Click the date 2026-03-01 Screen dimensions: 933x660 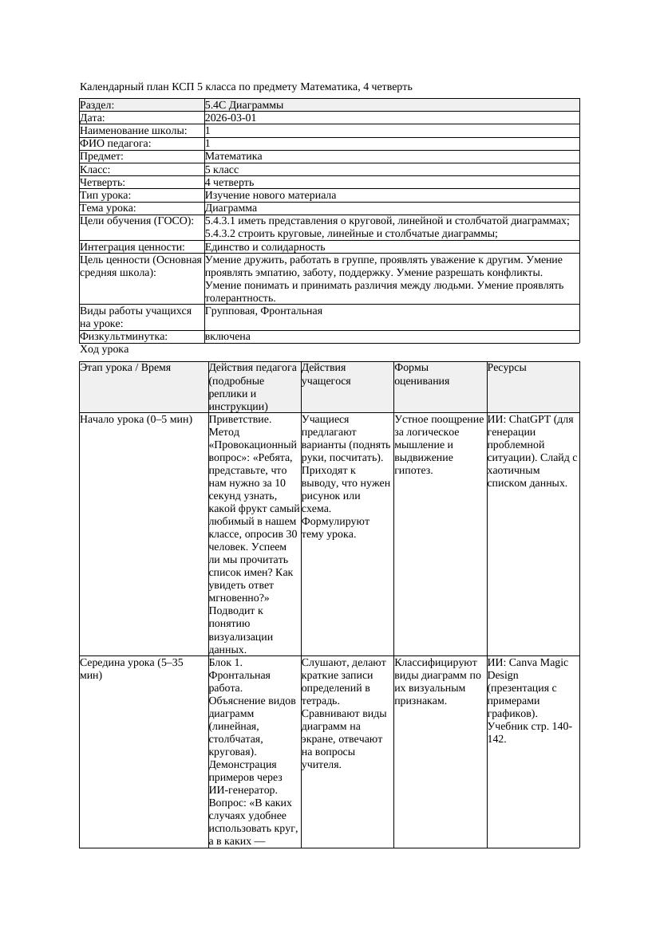coord(231,117)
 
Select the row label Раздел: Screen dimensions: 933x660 coord(97,104)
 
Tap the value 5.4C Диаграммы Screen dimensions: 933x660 coord(243,104)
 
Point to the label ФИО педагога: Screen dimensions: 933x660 coord(116,144)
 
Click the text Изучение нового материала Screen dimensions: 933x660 coord(270,195)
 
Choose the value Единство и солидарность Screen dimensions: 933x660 coord(264,247)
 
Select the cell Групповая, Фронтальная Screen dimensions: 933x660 coord(263,311)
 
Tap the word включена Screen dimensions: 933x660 coord(227,337)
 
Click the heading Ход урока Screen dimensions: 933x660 coord(104,349)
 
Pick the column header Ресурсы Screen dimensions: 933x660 coord(507,368)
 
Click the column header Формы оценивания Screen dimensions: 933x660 coord(422,374)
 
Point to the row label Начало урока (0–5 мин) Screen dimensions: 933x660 coord(136,419)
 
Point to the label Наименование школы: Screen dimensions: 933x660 coord(133,130)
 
